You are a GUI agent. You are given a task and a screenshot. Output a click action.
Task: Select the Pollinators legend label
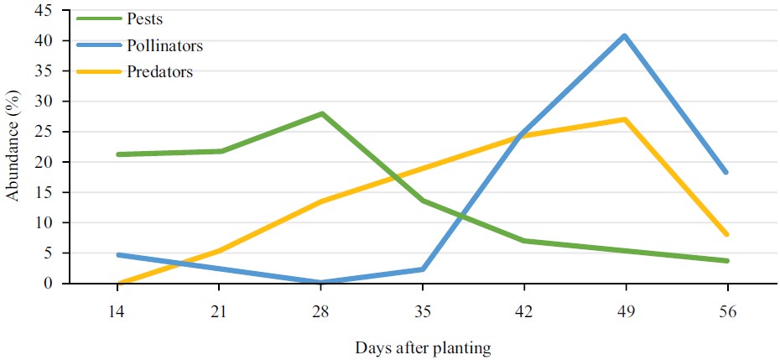(x=165, y=45)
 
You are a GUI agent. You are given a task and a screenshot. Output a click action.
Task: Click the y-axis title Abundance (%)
(x=13, y=147)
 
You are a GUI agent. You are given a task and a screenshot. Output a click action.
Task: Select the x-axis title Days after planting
(x=423, y=346)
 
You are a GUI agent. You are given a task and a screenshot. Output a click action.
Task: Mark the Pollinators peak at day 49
(x=625, y=36)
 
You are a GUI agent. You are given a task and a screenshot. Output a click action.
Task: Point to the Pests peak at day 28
(x=321, y=113)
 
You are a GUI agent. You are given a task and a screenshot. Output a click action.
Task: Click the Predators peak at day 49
(x=625, y=119)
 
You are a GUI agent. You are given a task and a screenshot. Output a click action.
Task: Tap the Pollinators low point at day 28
(x=321, y=282)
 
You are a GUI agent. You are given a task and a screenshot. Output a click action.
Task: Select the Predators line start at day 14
(x=118, y=284)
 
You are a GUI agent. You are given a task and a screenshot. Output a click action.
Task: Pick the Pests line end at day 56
(x=726, y=261)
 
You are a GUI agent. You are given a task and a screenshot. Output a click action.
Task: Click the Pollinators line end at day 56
(x=726, y=172)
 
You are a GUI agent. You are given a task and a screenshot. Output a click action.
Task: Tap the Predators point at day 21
(x=220, y=250)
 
